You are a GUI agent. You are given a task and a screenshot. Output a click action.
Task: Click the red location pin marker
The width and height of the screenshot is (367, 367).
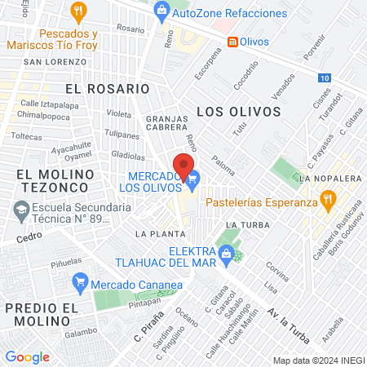pos(184,166)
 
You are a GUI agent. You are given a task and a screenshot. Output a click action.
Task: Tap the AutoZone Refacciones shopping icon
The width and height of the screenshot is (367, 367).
pos(161,11)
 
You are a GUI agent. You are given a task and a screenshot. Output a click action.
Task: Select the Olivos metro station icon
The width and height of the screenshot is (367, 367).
pos(232,41)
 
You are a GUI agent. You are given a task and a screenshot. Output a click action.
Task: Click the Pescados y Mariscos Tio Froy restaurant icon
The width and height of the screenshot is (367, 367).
pos(78,11)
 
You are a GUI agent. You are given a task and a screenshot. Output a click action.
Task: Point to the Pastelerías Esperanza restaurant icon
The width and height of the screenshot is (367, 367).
pos(328,198)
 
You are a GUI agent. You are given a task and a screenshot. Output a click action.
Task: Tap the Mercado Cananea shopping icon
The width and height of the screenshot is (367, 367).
pos(80,284)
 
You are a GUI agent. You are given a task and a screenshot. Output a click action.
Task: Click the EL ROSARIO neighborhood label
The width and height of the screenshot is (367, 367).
pos(108,88)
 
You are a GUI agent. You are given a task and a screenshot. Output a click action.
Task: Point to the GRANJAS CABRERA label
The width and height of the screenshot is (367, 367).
pos(166,122)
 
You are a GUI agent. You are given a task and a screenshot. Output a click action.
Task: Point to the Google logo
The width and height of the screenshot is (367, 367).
pos(27,356)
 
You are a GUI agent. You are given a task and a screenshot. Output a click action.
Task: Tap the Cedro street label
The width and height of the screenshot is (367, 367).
pos(28,239)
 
